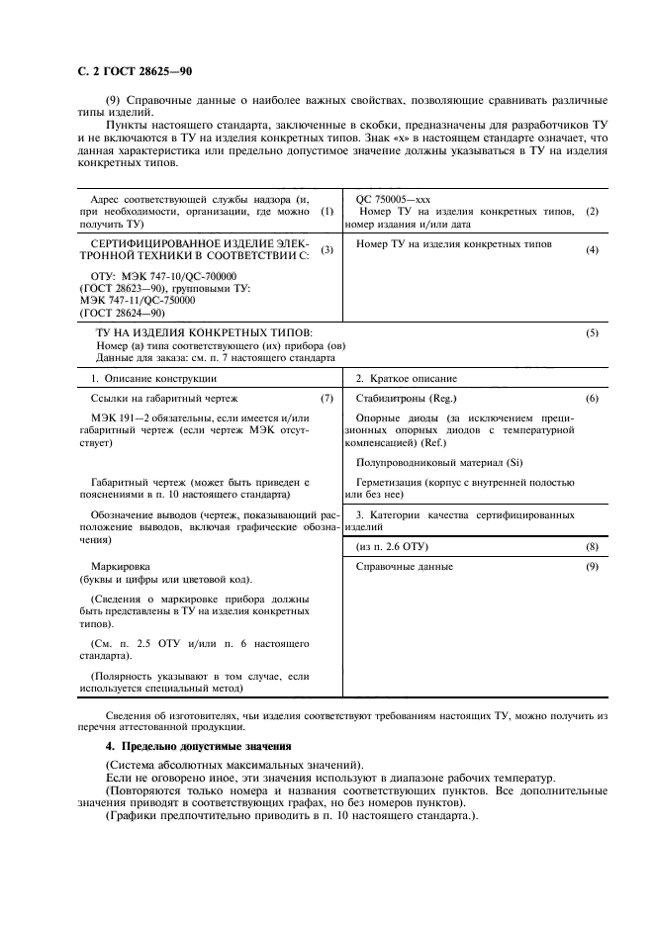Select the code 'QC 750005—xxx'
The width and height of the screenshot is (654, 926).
coord(393,199)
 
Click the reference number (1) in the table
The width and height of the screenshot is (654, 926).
coord(327,212)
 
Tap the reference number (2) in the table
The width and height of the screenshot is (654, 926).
coord(592,212)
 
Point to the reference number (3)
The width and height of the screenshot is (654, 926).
coord(327,249)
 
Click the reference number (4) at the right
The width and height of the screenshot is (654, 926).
coord(592,249)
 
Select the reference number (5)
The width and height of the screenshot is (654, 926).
coord(592,333)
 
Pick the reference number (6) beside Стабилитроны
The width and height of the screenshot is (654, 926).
coord(592,398)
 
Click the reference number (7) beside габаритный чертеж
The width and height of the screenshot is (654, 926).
coord(327,398)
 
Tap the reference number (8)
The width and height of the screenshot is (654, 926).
coord(592,547)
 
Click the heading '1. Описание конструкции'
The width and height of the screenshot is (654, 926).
coord(140,379)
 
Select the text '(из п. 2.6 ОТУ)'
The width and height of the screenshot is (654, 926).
coord(393,547)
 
